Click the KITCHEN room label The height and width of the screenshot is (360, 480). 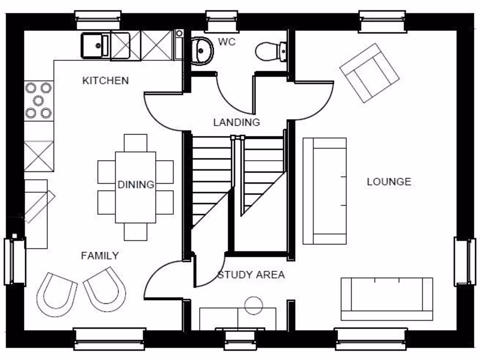pyautogui.click(x=105, y=81)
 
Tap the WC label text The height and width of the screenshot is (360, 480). pyautogui.click(x=227, y=42)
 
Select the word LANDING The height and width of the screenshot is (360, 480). pyautogui.click(x=236, y=123)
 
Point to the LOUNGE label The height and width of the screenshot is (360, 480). pyautogui.click(x=389, y=182)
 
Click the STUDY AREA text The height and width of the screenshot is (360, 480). pyautogui.click(x=251, y=275)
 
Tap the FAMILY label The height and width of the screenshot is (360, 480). pyautogui.click(x=99, y=256)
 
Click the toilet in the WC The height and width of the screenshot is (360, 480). pyautogui.click(x=270, y=51)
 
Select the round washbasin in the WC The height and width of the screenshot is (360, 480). pyautogui.click(x=202, y=50)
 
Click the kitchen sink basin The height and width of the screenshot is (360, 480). pyautogui.click(x=95, y=45)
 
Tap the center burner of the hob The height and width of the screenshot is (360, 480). pyautogui.click(x=38, y=99)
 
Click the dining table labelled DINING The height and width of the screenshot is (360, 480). pyautogui.click(x=135, y=187)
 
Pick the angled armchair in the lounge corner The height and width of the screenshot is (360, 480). pyautogui.click(x=369, y=73)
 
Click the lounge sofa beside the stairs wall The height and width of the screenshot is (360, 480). pyautogui.click(x=324, y=191)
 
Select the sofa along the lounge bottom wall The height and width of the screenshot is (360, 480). pyautogui.click(x=386, y=299)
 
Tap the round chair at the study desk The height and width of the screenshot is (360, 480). pyautogui.click(x=254, y=305)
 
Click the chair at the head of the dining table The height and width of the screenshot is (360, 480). pyautogui.click(x=135, y=142)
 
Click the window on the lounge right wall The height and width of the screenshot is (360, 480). pyautogui.click(x=465, y=261)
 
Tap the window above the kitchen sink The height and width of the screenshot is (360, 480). pyautogui.click(x=98, y=20)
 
